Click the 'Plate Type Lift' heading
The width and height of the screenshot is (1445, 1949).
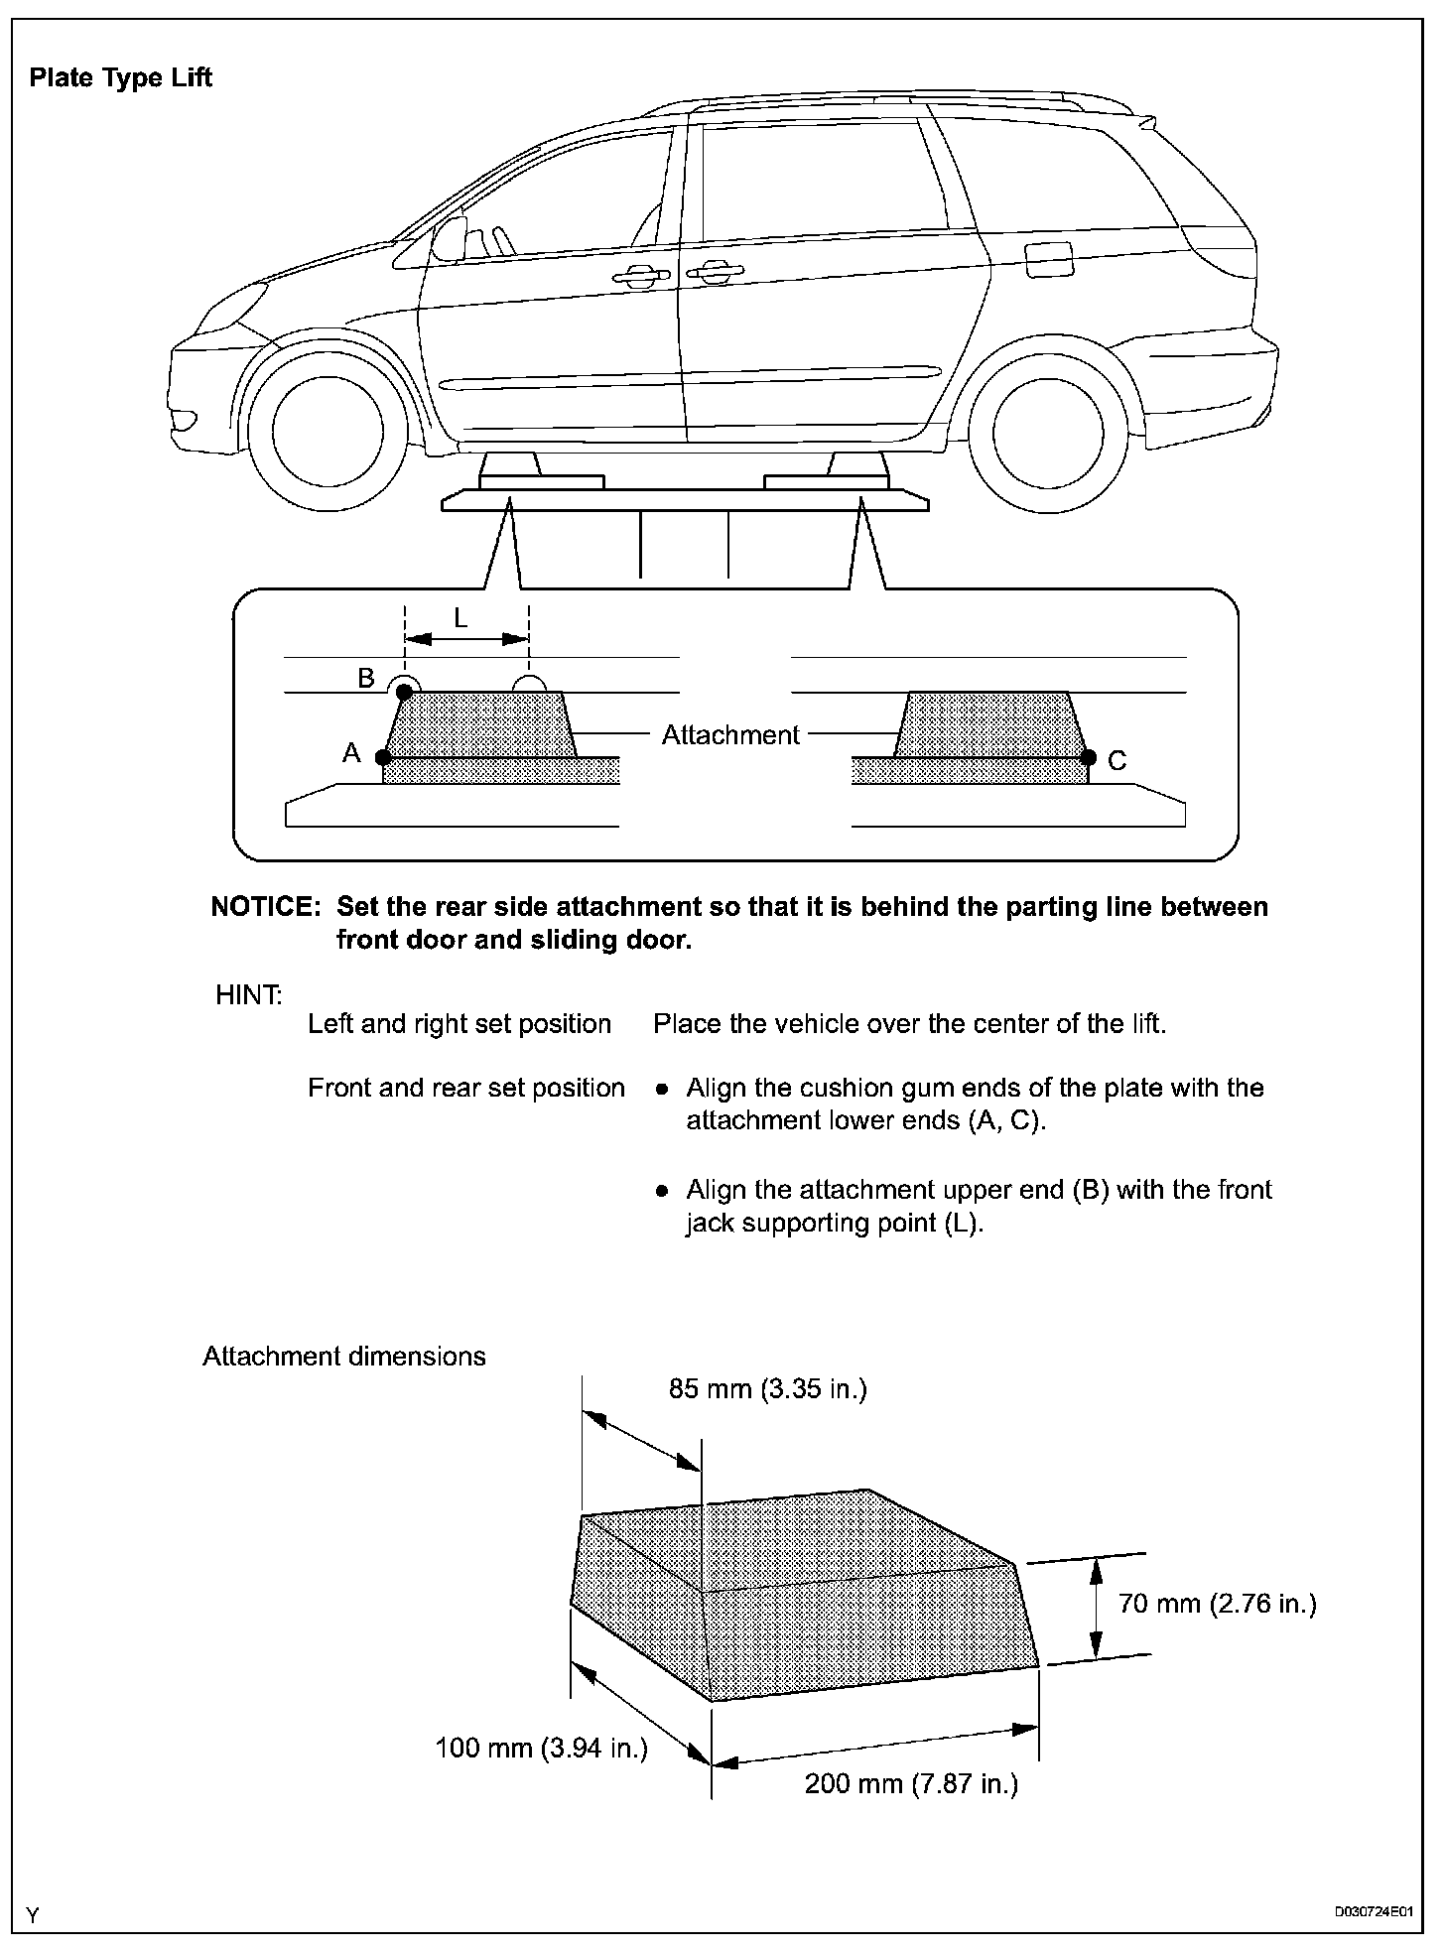120,78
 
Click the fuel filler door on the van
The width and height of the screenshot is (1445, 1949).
1048,260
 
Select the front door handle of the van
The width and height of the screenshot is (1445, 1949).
634,277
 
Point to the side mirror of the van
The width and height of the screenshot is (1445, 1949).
449,239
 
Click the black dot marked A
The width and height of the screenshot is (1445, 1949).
383,757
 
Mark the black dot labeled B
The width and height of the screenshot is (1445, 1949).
404,691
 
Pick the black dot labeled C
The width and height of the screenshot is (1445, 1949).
1089,758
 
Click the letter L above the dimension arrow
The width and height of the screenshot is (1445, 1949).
460,618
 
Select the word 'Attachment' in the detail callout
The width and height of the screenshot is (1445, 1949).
730,734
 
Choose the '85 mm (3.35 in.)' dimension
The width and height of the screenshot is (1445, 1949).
767,1388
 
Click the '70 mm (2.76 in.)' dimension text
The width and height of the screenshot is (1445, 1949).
1217,1603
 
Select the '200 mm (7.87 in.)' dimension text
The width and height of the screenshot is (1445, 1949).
911,1811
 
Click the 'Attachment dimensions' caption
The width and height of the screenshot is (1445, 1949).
344,1357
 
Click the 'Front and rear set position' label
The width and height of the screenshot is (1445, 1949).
465,1088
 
